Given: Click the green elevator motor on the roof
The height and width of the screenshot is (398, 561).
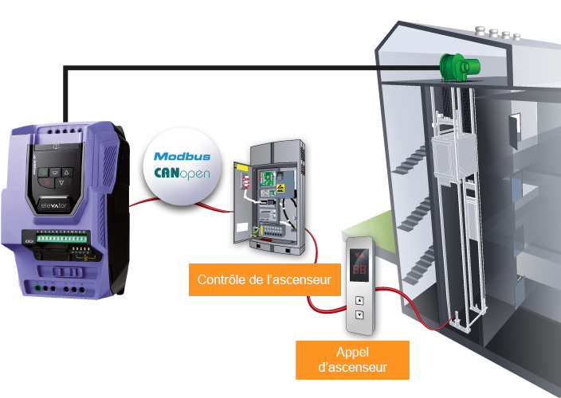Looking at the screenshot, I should (x=455, y=67).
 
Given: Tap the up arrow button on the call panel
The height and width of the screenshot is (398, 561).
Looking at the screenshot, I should (x=359, y=301).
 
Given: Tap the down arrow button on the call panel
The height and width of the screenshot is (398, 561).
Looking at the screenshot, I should (x=359, y=314).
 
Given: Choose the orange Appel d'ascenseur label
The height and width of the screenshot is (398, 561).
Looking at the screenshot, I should (x=351, y=360).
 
